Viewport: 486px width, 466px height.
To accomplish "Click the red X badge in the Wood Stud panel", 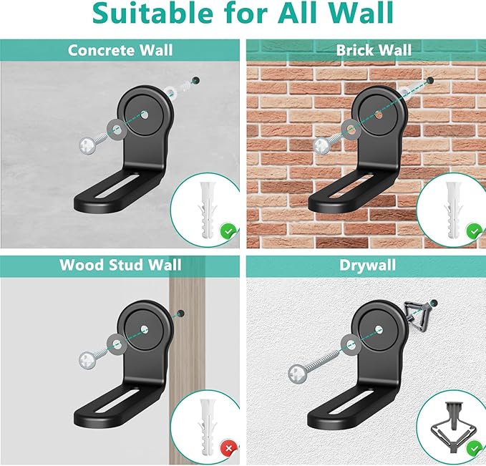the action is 229,448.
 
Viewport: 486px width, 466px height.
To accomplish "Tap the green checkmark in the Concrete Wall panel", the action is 228,231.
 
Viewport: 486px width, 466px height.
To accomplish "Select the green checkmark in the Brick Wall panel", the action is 475,231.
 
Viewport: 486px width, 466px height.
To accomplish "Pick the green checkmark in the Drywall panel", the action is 475,449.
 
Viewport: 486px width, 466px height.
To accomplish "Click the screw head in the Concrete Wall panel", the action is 87,146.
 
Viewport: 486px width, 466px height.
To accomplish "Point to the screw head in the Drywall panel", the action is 297,374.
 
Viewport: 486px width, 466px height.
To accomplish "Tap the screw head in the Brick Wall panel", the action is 321,146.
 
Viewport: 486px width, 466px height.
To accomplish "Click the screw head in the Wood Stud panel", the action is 87,361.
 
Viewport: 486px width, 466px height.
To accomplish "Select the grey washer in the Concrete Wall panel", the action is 117,130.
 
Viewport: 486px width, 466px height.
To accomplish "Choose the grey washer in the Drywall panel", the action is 351,344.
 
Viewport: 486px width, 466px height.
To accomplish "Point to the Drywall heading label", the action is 367,266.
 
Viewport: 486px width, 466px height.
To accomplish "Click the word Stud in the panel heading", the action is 126,265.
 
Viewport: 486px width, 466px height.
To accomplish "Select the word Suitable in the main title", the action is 152,13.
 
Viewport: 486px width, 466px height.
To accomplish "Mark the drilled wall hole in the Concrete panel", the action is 195,81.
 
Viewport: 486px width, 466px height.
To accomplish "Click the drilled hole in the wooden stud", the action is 180,314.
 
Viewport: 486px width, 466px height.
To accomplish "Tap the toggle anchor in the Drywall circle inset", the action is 454,427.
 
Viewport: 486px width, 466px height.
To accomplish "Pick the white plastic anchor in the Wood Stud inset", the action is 206,427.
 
